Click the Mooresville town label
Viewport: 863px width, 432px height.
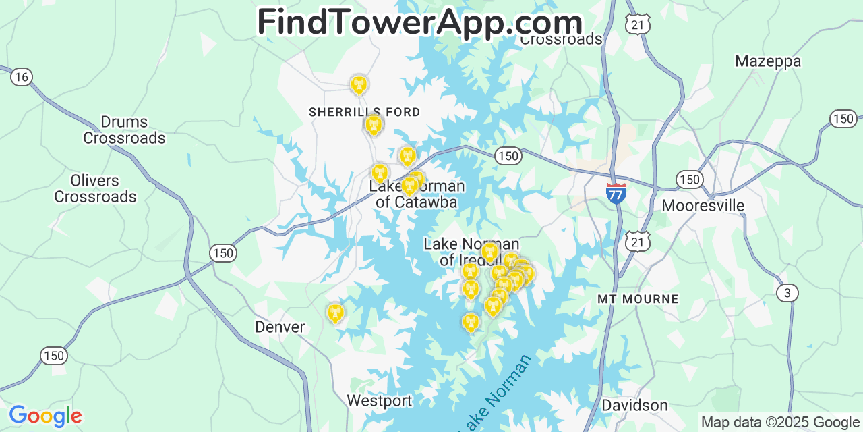[x=703, y=205]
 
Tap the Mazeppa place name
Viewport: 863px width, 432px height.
[x=768, y=61]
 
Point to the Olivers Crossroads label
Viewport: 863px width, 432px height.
[x=95, y=189]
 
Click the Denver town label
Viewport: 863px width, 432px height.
[x=280, y=327]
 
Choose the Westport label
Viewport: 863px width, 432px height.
[x=379, y=401]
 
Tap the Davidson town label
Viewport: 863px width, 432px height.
[x=634, y=405]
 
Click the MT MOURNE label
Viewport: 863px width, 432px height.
[x=638, y=298]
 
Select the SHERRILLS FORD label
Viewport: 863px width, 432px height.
[x=364, y=112]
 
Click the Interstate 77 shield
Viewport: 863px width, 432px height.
[x=616, y=193]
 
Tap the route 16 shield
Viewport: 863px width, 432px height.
[x=22, y=77]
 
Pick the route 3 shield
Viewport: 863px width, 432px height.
[x=787, y=293]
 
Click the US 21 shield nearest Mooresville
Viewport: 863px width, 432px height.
[x=637, y=241]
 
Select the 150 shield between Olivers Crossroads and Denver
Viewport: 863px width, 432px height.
[x=222, y=253]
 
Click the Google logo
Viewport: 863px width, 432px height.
[x=44, y=416]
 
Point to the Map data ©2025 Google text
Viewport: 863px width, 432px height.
[x=780, y=423]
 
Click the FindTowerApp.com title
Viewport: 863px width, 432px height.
[x=419, y=22]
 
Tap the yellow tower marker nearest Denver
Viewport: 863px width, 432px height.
[x=335, y=313]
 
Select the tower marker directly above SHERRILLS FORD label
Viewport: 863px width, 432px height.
[x=359, y=84]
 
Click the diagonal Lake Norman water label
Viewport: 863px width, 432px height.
[x=495, y=394]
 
